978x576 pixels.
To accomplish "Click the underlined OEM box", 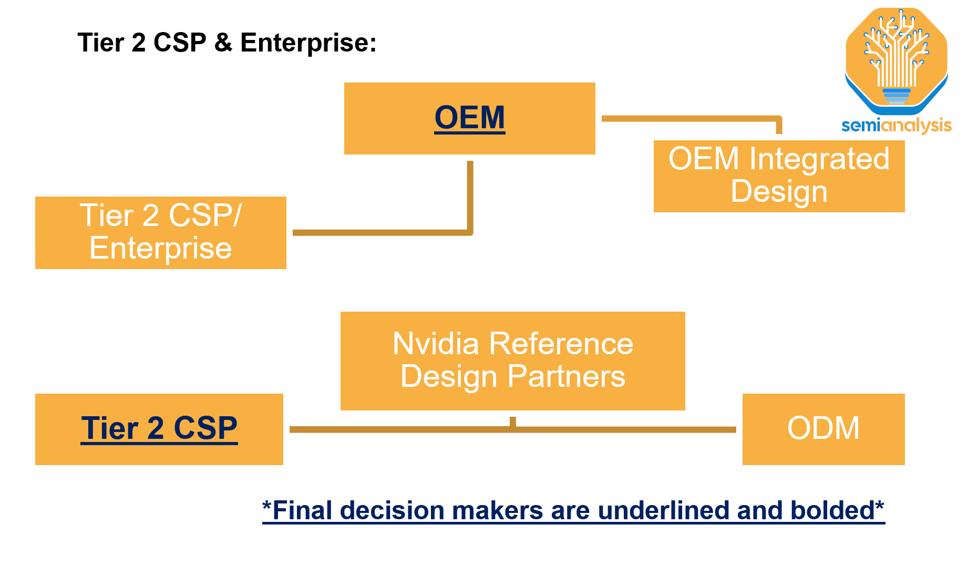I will (469, 118).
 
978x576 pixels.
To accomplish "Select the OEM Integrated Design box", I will (779, 176).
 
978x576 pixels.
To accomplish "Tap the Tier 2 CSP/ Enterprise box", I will (160, 232).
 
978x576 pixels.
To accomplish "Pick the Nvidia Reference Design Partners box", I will (512, 361).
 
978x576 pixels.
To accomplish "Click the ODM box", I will (823, 429).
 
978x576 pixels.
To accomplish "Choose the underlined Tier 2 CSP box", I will (159, 429).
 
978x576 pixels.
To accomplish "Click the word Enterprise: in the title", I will (308, 43).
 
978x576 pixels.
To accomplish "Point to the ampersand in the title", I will (223, 43).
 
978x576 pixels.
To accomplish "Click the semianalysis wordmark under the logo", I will (896, 125).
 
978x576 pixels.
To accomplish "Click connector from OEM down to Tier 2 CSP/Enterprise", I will (470, 200).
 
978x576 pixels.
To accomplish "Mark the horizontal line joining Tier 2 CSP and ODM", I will (399, 429).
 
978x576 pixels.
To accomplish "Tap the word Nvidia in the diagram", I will (436, 344).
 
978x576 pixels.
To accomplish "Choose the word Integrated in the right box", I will (819, 159).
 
